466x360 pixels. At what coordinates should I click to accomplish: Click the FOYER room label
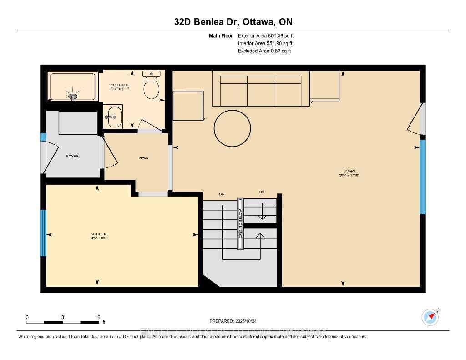click(x=72, y=156)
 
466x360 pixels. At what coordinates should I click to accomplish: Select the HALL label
click(x=143, y=157)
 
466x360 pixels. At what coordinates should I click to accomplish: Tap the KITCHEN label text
click(x=98, y=234)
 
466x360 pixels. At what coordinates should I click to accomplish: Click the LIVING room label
click(x=349, y=172)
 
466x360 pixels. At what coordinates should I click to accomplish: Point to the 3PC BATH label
click(x=120, y=85)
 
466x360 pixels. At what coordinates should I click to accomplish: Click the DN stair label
click(x=222, y=194)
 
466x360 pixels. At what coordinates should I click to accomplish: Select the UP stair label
click(x=262, y=193)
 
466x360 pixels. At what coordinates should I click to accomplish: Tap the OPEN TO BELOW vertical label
click(x=240, y=223)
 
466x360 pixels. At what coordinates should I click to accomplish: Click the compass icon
click(x=430, y=317)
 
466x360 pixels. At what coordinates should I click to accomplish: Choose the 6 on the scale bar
click(x=99, y=317)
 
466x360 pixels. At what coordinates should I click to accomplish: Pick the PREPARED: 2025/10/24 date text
click(x=233, y=321)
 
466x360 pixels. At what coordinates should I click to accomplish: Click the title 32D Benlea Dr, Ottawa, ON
click(x=233, y=21)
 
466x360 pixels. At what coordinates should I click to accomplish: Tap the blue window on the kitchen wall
click(x=43, y=233)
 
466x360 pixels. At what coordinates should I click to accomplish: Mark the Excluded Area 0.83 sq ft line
click(x=264, y=51)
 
